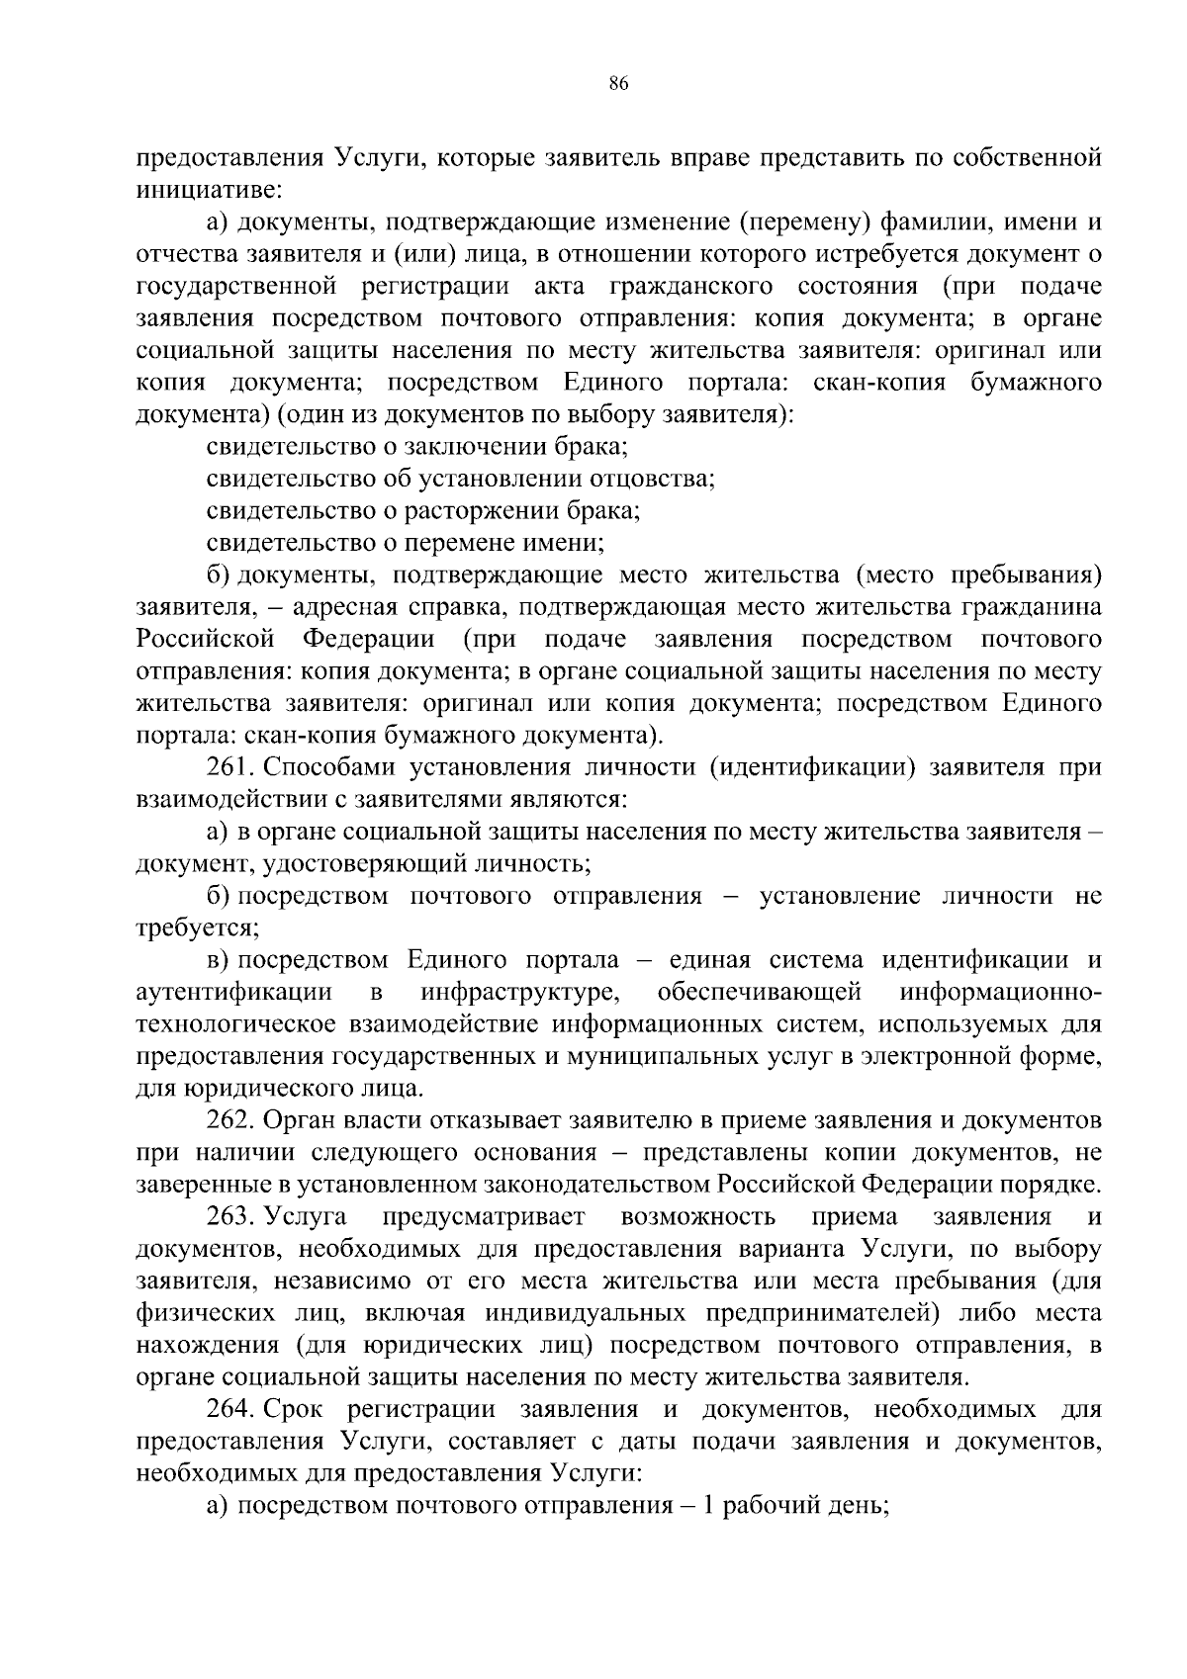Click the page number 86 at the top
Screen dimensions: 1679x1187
[x=619, y=84]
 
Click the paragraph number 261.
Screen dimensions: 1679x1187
[x=230, y=767]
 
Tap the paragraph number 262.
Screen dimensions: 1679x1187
[x=230, y=1120]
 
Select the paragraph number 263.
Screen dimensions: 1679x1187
[x=230, y=1216]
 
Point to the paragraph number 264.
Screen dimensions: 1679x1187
[x=230, y=1408]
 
